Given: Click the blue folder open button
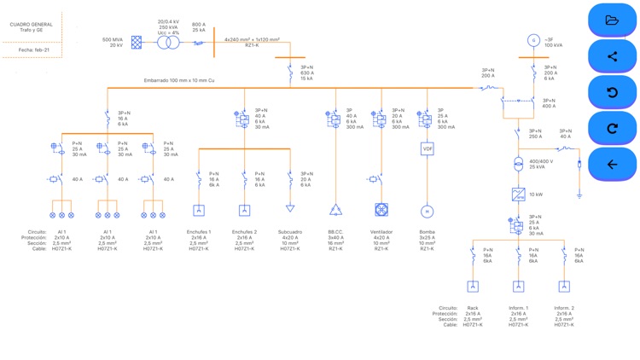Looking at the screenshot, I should pos(612,20).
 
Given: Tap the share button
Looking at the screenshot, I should pos(612,56).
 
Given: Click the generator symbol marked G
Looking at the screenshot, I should pos(534,40).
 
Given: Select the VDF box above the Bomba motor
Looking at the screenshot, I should pos(428,148).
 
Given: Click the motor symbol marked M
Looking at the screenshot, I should pos(428,211).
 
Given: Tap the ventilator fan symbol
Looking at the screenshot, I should pos(381,210).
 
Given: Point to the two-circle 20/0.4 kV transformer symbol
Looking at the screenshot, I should pos(167,42).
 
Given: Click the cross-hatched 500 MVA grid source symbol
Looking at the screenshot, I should pos(137,42).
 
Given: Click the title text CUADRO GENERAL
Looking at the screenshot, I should pos(31,25).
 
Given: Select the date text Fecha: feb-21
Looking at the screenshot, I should pos(34,50).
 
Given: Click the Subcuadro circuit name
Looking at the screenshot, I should pos(289,232).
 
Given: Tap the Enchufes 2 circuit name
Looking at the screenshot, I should pos(244,232).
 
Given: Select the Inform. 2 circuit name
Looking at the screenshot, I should pos(564,308).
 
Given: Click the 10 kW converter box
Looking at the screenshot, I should pos(518,195).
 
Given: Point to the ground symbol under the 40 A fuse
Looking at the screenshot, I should pos(579,195).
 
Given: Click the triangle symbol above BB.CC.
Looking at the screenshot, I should pos(335,210).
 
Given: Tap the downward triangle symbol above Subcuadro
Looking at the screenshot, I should pos(290,208).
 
